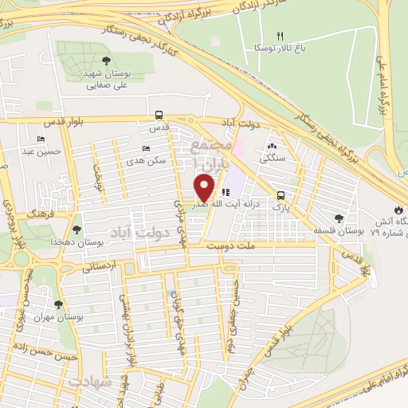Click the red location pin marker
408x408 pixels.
pos(205,186)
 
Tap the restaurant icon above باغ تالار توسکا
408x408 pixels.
pos(279,36)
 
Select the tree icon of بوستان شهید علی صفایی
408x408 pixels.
pos(106,61)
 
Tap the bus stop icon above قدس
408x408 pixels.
pos(159,115)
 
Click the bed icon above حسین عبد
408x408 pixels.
pos(30,139)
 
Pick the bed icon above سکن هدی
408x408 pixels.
pos(145,148)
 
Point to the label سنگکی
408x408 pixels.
pos(272,159)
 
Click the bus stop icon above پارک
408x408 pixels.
pos(280,195)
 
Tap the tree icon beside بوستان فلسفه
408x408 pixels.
pos(339,218)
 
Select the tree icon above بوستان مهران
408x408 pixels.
pos(57,304)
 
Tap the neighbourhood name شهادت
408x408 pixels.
pos(88,382)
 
